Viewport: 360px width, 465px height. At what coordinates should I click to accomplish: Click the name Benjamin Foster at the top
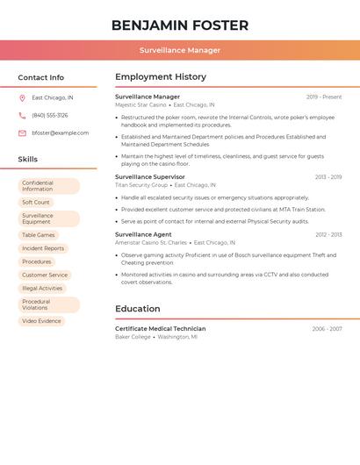click(179, 25)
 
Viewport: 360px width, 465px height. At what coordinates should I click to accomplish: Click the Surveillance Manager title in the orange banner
click(179, 50)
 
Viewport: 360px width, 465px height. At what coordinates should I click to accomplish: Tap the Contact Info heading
click(40, 77)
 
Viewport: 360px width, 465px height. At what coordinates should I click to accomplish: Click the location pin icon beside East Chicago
click(22, 98)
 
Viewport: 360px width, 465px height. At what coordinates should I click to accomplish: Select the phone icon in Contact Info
click(22, 116)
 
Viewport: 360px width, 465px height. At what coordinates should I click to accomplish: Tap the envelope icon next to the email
click(22, 133)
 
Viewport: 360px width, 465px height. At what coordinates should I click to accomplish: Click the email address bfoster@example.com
click(60, 133)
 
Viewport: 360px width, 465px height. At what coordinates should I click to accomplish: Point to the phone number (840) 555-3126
click(49, 116)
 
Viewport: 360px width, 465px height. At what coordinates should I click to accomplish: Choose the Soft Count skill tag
click(36, 203)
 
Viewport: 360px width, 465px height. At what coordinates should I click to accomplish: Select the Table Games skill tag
click(39, 235)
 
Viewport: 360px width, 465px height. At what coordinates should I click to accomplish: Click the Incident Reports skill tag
click(43, 248)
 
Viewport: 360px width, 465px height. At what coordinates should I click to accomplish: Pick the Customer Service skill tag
click(45, 275)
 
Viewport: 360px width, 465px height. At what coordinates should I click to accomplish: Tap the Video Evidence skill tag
click(41, 321)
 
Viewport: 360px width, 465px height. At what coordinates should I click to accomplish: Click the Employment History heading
click(161, 77)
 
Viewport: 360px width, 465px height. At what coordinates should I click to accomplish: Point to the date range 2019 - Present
click(324, 97)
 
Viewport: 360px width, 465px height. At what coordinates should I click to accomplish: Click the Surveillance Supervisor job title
click(150, 177)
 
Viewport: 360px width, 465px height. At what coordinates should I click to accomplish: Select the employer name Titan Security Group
click(140, 185)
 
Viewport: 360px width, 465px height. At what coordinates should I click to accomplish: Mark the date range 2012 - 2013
click(328, 235)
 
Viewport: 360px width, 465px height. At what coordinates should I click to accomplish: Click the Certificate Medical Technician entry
click(160, 329)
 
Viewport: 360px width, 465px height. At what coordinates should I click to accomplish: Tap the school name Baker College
click(133, 337)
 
